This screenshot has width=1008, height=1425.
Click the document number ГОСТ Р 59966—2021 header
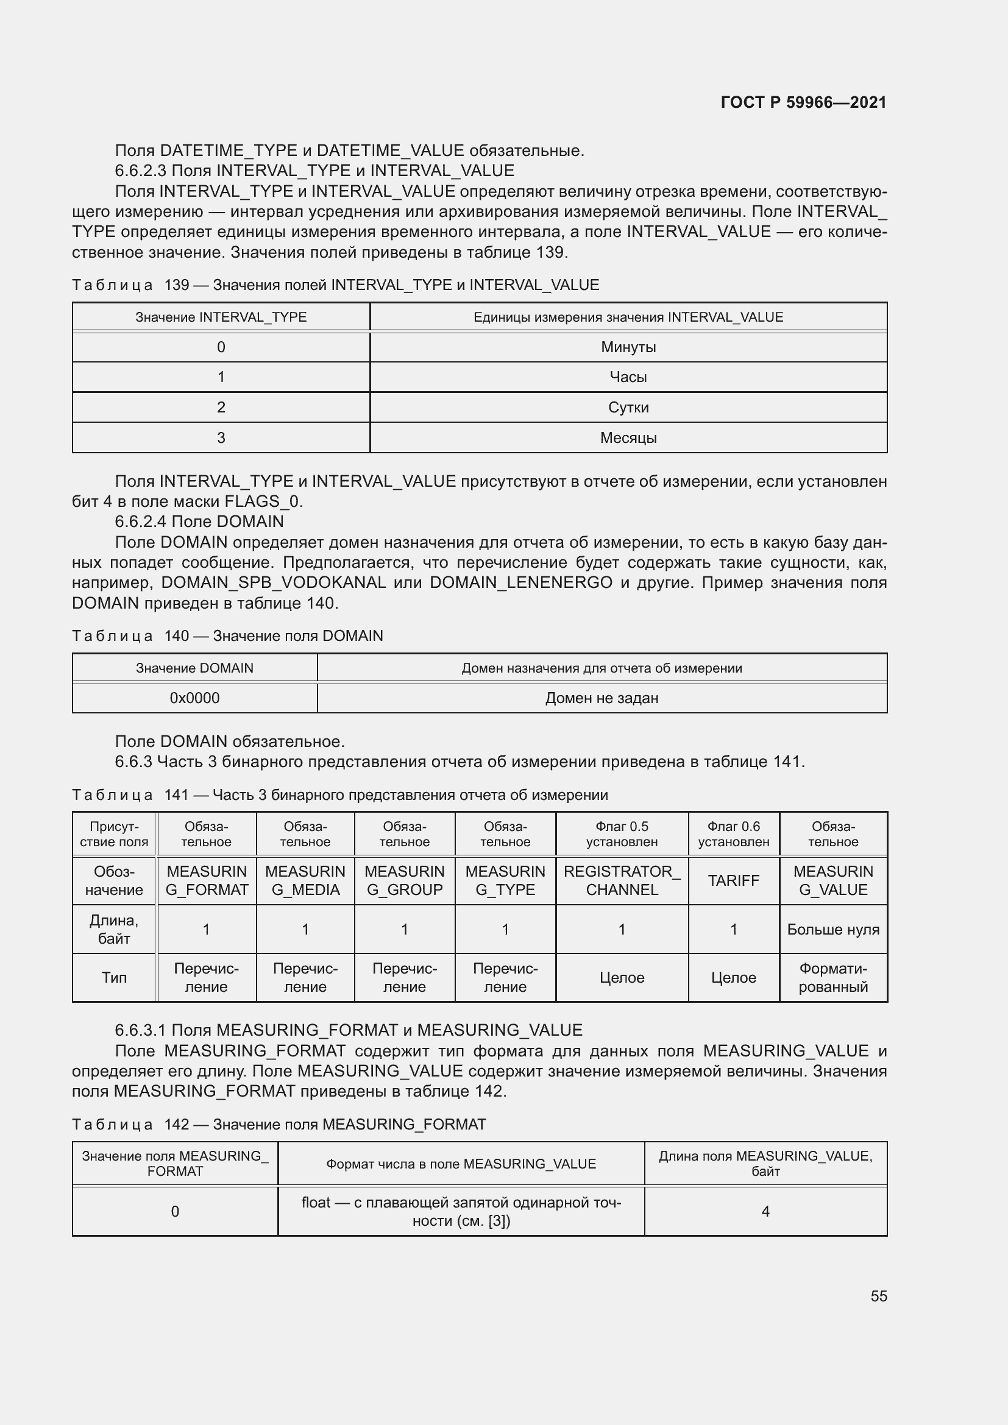click(x=803, y=102)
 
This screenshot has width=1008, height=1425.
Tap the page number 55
click(x=878, y=1296)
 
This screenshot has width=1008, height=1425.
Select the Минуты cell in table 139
click(x=628, y=347)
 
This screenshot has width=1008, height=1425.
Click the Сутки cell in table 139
click(x=628, y=407)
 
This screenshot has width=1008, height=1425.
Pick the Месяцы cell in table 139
click(x=628, y=437)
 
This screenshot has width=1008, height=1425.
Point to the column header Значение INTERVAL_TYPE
click(x=221, y=317)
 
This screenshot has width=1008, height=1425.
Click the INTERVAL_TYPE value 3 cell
click(x=221, y=437)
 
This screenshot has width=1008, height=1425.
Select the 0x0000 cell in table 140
click(x=194, y=698)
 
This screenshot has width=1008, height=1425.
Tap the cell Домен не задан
click(x=602, y=698)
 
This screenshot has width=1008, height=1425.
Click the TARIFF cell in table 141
click(x=733, y=880)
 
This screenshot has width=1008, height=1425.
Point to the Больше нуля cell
click(x=833, y=929)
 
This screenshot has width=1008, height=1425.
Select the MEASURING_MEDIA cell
click(x=305, y=880)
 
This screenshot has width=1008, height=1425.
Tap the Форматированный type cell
click(x=833, y=977)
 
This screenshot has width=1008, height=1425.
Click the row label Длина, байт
click(x=114, y=929)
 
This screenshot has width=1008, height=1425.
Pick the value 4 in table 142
click(x=765, y=1211)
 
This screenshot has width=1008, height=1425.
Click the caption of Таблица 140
click(x=227, y=635)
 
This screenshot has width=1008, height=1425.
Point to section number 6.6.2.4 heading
click(x=141, y=522)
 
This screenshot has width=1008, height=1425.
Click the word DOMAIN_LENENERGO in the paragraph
click(x=520, y=583)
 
